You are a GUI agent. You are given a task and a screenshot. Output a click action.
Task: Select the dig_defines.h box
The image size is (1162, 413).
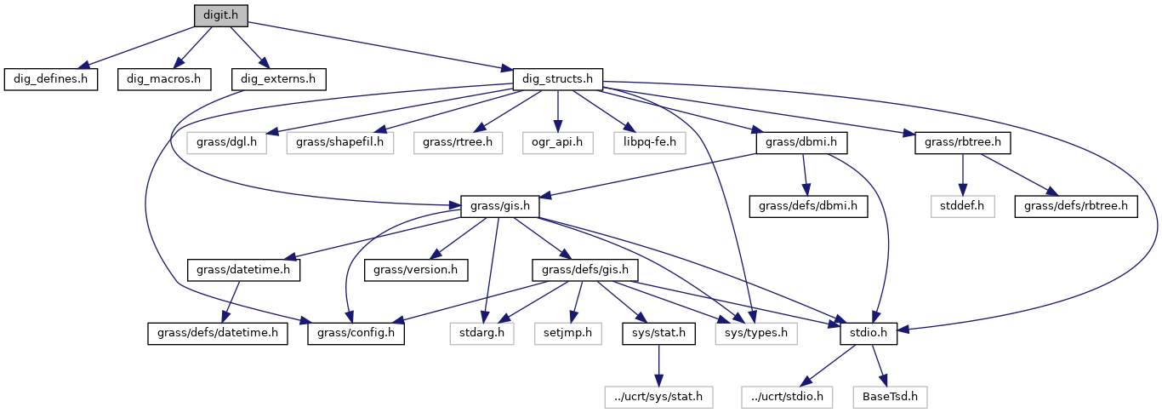coord(50,79)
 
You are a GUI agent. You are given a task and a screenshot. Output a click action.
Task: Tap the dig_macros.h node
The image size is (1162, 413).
coord(163,79)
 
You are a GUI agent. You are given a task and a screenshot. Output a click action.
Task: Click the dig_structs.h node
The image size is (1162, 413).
coord(557,79)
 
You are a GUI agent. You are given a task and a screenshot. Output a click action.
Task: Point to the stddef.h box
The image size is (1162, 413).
coord(962,205)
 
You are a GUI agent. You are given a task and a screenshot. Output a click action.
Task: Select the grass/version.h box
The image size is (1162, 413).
coord(411,270)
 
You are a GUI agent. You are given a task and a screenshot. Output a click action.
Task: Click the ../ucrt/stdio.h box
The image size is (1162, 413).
coord(783,396)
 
